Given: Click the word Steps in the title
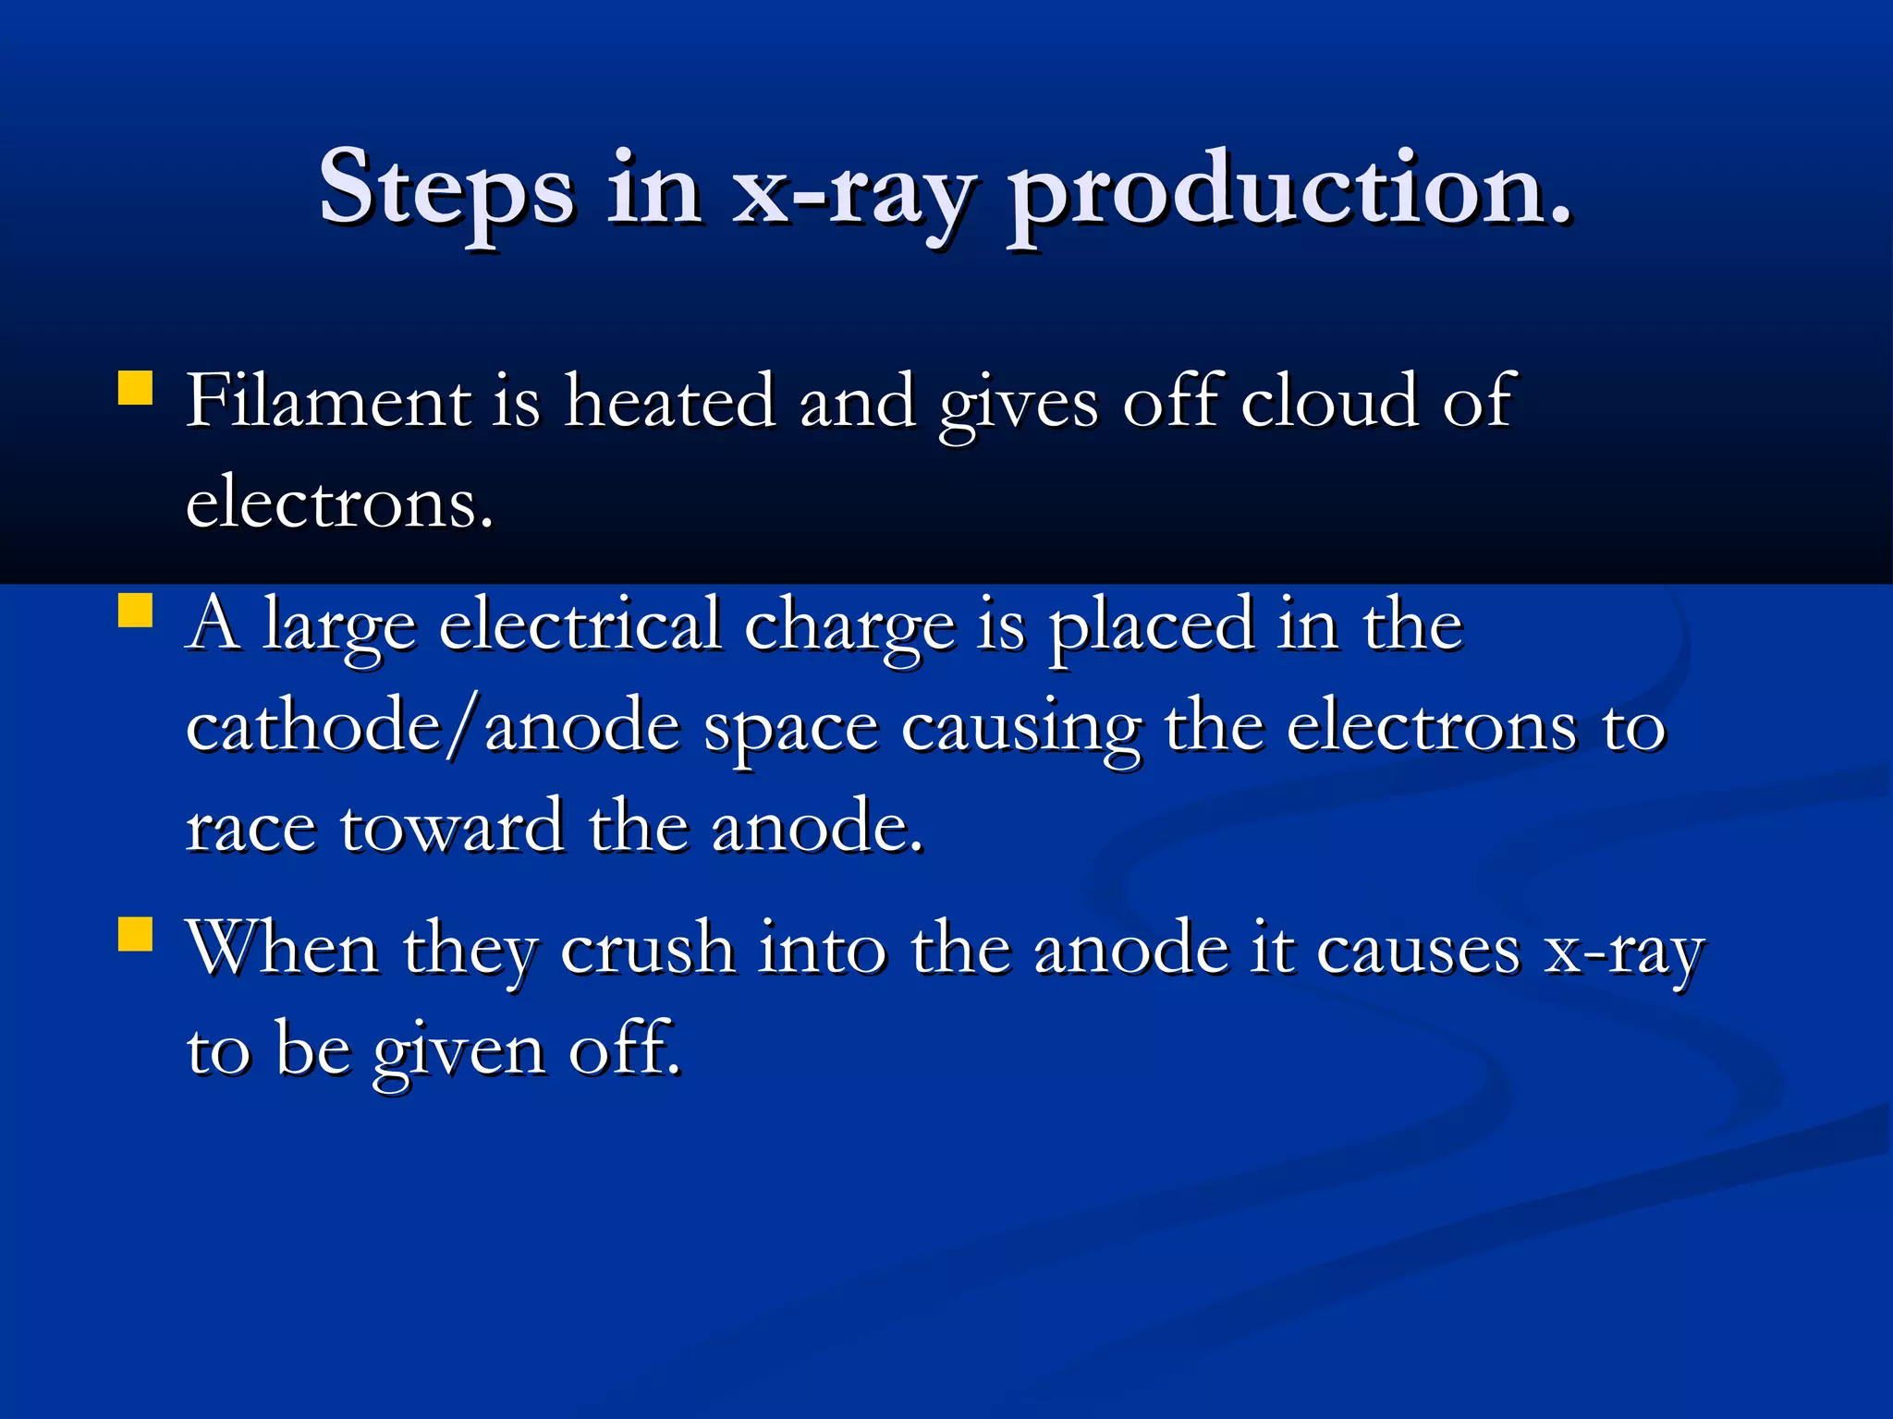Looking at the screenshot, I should pyautogui.click(x=446, y=189).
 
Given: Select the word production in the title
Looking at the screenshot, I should pyautogui.click(x=1288, y=189).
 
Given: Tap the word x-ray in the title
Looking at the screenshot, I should pyautogui.click(x=852, y=189).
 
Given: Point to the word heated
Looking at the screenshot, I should pyautogui.click(x=670, y=400).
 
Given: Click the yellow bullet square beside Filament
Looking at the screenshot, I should pyautogui.click(x=135, y=388).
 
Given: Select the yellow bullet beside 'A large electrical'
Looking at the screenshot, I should pyautogui.click(x=135, y=610).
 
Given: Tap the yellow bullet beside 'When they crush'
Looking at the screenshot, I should pyautogui.click(x=135, y=933).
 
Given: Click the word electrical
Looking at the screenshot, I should pyautogui.click(x=580, y=625).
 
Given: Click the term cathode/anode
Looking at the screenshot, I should pyautogui.click(x=434, y=726).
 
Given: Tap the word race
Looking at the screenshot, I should pyautogui.click(x=250, y=828).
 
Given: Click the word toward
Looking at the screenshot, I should pyautogui.click(x=452, y=826).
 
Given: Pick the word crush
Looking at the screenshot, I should pyautogui.click(x=648, y=949).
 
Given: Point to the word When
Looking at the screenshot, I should pyautogui.click(x=283, y=949).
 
